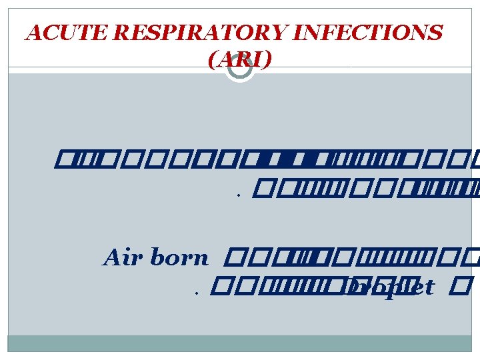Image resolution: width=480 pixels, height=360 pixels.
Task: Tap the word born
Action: [x=180, y=259]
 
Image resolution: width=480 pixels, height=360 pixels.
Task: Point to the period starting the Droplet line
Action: [x=198, y=292]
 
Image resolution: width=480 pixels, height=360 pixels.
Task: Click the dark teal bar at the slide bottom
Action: [x=239, y=343]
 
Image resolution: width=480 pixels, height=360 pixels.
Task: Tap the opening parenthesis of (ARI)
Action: [x=211, y=61]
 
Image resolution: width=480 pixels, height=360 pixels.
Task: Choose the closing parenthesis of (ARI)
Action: [x=268, y=61]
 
